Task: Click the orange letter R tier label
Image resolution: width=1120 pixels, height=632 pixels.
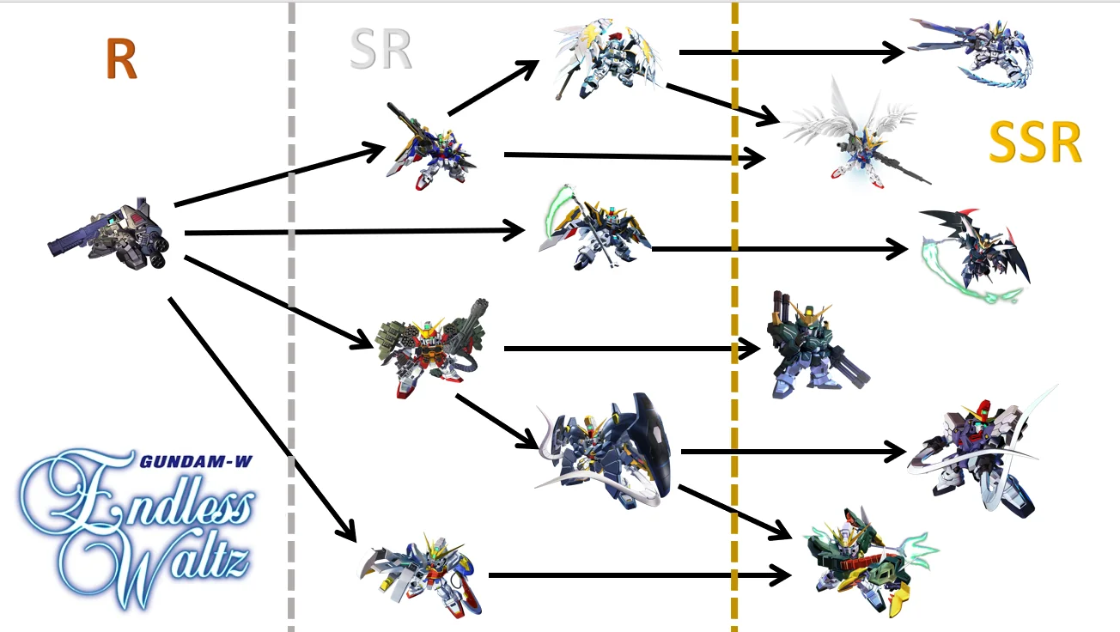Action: tap(121, 60)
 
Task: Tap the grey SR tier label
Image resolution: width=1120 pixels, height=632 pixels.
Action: tap(380, 51)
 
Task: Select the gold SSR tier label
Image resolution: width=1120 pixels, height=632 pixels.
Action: tap(1034, 143)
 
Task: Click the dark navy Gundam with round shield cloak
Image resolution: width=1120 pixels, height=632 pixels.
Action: tap(606, 451)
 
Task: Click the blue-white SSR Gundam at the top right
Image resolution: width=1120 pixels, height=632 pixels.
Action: tap(971, 52)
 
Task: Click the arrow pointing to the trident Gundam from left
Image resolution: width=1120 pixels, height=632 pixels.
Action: tap(636, 574)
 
